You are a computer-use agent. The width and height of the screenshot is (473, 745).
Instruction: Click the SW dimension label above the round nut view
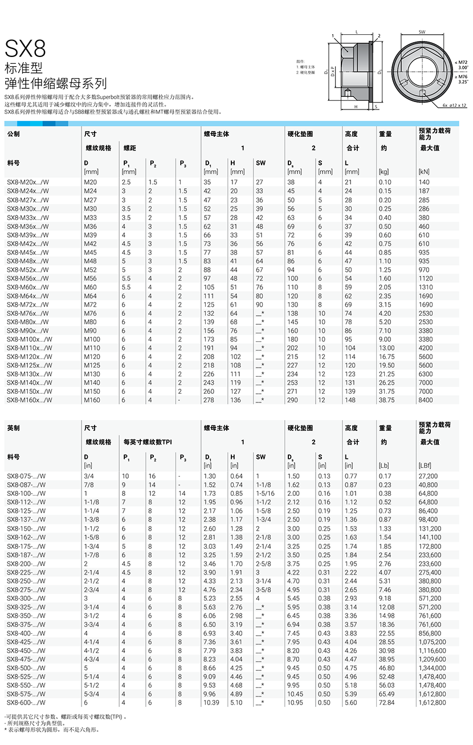[422, 32]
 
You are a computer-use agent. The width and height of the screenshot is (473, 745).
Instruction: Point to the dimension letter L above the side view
[356, 32]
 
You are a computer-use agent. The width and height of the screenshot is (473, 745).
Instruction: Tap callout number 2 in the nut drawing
[378, 36]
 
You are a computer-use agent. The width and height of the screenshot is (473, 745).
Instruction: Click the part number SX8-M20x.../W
[27, 182]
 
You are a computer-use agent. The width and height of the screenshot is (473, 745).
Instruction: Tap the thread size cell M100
[92, 339]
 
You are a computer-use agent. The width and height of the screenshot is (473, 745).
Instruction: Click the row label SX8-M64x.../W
[27, 296]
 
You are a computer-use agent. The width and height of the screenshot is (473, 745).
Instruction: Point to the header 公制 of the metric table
[13, 134]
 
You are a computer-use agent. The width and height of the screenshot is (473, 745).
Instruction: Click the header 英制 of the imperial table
[13, 428]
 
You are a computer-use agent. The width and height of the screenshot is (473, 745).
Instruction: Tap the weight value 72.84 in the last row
[386, 703]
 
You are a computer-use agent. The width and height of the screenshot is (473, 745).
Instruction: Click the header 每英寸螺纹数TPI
[147, 442]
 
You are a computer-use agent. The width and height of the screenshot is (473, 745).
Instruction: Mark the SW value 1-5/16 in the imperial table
[265, 494]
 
